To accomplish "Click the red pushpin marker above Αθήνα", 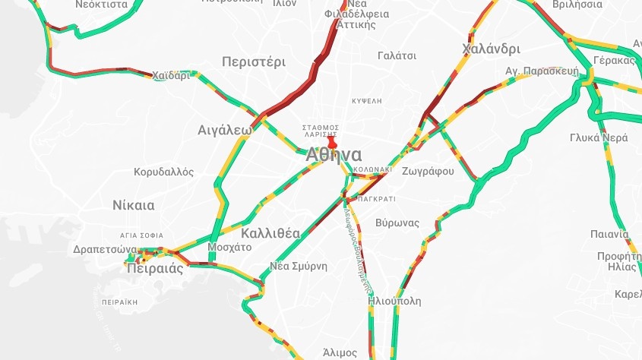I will pos(331,141).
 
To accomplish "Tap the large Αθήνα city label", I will pos(334,156).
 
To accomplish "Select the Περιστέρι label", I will pos(253,62).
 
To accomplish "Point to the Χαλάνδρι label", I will pos(491,49).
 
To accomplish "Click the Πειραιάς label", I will pos(156,268).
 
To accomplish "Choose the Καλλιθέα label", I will pos(271,232).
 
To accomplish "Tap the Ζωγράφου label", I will pos(428,171).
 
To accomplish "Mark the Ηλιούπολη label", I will pos(394,300).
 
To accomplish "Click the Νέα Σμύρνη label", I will pos(299,266).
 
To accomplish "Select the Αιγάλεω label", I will pos(224,129).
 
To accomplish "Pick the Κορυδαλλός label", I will pos(163,172).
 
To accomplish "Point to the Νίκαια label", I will pos(133,205).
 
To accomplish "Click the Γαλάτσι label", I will pos(397,55).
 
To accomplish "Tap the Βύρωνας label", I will pos(397,223).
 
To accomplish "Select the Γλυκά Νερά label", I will pos(599,138).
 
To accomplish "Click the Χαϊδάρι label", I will pos(170,75).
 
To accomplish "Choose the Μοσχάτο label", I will pos(229,247).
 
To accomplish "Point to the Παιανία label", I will pos(611,233).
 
